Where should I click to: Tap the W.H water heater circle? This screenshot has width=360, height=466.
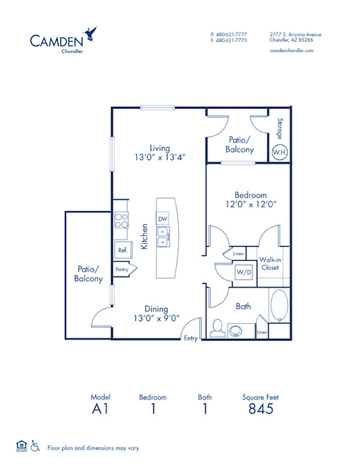pyautogui.click(x=280, y=152)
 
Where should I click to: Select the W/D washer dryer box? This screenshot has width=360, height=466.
pyautogui.click(x=244, y=273)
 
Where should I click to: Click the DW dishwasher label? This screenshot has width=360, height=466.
pyautogui.click(x=163, y=220)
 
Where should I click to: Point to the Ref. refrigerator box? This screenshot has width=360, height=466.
pyautogui.click(x=122, y=250)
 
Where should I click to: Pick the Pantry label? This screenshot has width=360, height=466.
pyautogui.click(x=122, y=270)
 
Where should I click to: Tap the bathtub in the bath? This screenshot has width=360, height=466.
pyautogui.click(x=280, y=306)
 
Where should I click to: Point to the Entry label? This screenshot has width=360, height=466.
pyautogui.click(x=191, y=338)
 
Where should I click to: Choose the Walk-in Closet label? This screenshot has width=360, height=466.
pyautogui.click(x=269, y=264)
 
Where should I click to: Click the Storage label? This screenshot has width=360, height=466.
pyautogui.click(x=280, y=128)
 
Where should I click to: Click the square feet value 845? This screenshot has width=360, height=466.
pyautogui.click(x=260, y=409)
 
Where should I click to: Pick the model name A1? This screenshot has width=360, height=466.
pyautogui.click(x=97, y=409)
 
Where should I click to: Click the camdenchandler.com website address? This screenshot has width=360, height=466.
pyautogui.click(x=292, y=51)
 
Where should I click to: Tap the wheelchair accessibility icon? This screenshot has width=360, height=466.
pyautogui.click(x=35, y=446)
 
